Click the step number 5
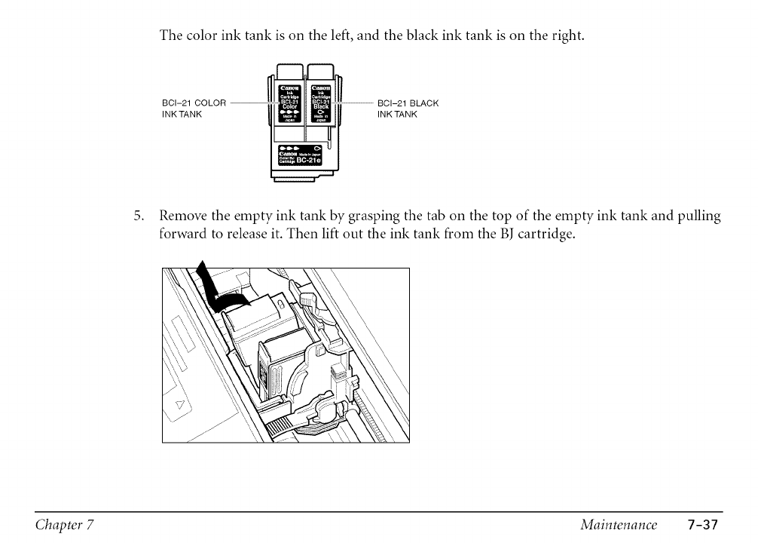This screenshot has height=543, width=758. tap(138, 217)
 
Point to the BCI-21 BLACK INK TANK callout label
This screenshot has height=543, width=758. tap(407, 109)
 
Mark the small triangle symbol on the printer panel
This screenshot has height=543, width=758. tap(181, 406)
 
